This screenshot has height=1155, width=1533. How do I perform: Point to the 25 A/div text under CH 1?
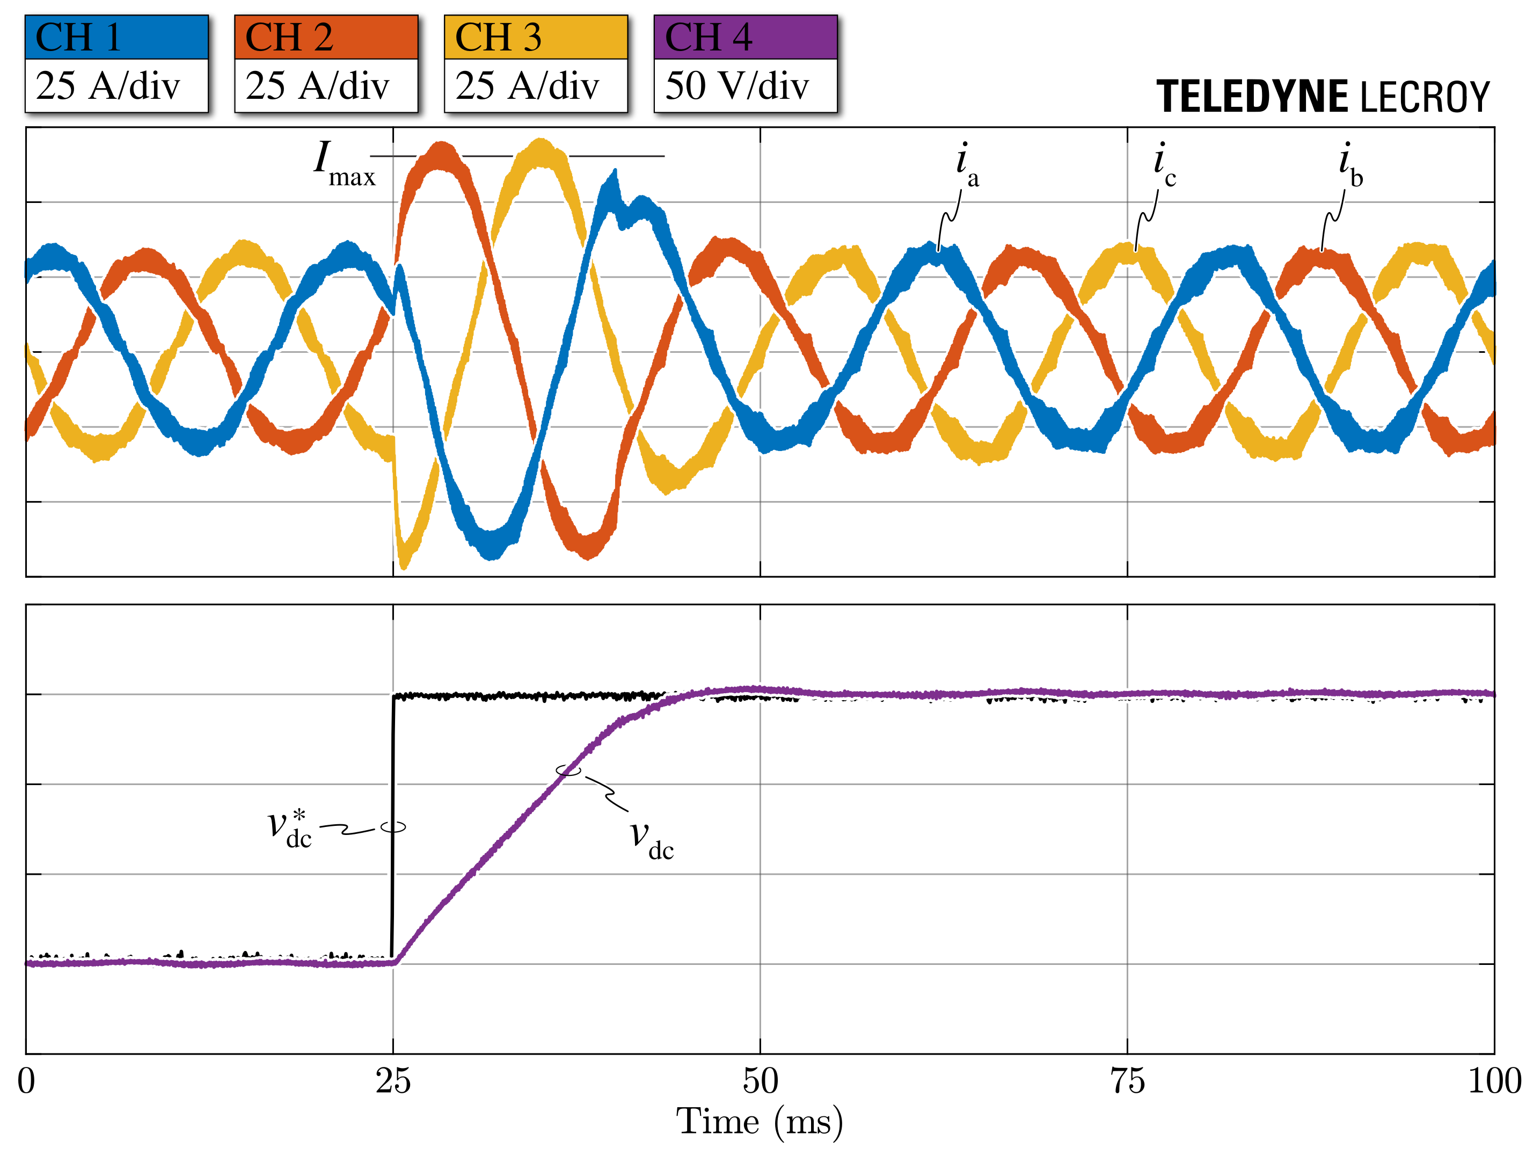click(107, 86)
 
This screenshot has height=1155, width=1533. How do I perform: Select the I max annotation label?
click(342, 164)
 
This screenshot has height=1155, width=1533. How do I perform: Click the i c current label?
click(1164, 165)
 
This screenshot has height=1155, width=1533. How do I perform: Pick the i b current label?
click(1350, 165)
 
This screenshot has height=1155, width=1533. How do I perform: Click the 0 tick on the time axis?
click(26, 1081)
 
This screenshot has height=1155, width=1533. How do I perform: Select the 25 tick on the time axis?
click(393, 1081)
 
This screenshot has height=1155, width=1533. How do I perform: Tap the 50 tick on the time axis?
click(760, 1081)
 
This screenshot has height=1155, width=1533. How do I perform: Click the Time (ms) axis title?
click(760, 1122)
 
